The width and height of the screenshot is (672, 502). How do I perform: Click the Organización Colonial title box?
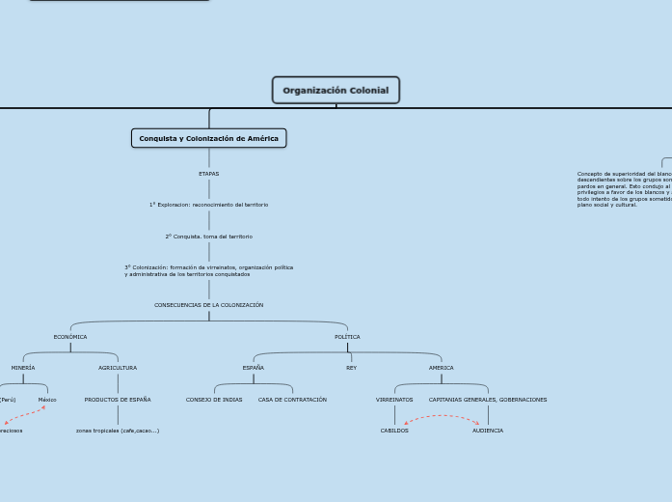336,91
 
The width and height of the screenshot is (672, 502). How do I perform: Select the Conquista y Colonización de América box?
208,138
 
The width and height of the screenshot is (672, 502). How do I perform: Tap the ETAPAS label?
208,174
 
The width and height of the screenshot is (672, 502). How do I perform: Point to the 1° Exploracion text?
208,205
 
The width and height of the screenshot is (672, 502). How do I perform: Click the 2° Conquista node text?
208,237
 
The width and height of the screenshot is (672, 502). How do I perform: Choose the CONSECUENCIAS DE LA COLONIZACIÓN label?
208,305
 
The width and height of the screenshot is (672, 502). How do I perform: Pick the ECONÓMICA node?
70,337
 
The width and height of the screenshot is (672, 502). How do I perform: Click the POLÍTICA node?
347,337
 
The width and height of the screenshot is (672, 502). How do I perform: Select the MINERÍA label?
23,368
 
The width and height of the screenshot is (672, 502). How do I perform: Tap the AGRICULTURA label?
118,368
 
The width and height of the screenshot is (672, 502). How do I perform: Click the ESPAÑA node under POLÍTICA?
254,368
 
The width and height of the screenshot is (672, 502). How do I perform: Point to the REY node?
351,368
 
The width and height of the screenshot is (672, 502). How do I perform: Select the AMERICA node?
441,368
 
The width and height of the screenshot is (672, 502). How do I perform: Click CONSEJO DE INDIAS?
214,400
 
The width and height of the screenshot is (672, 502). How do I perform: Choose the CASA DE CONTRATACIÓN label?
292,400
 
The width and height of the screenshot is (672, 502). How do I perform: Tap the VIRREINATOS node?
394,400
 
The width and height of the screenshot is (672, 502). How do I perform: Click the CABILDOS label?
394,431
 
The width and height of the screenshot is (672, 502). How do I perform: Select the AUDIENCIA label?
488,431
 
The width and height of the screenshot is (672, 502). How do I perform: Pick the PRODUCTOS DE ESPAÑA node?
118,400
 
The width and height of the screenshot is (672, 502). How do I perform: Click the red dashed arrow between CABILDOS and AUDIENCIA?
442,416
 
